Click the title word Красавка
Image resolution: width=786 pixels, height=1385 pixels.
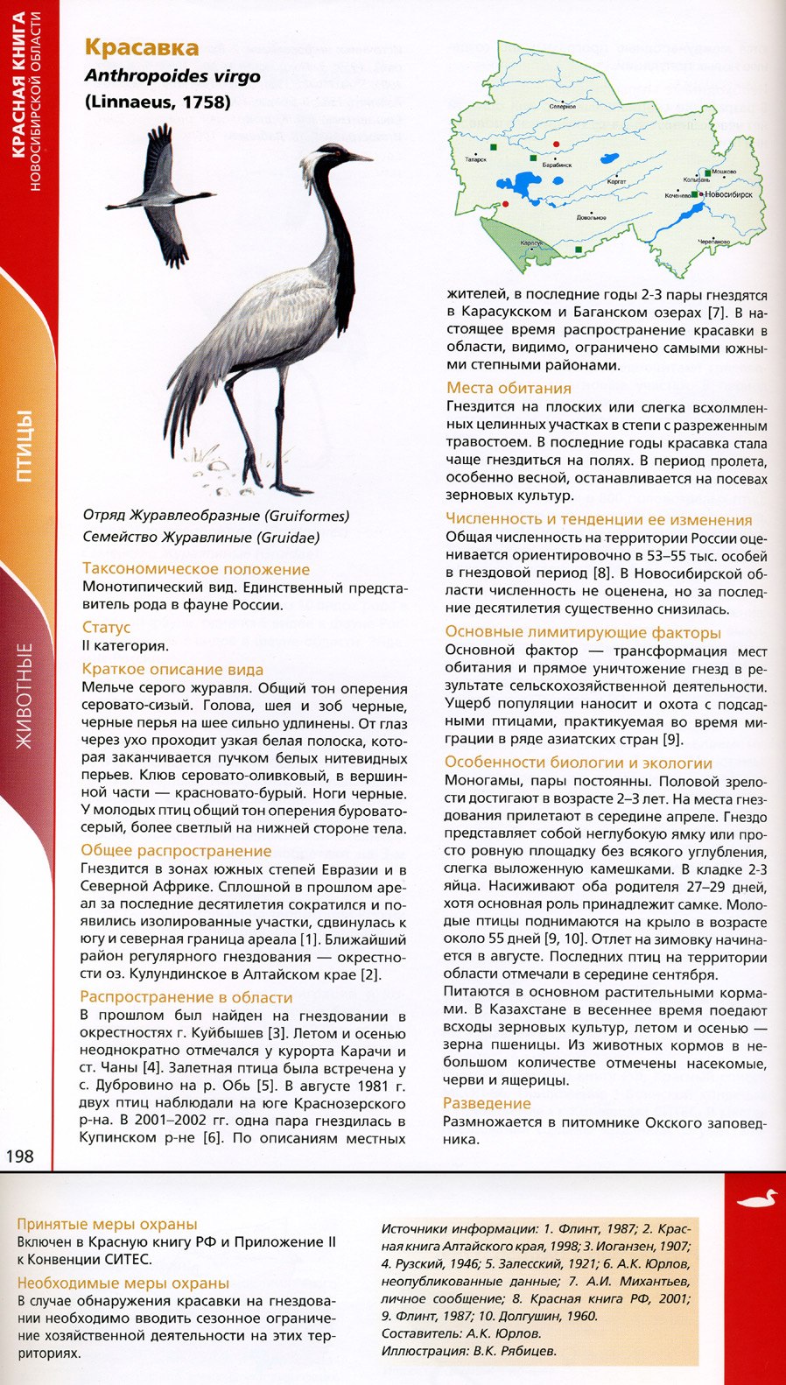point(141,48)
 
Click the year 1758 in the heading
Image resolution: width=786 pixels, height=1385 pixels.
point(207,102)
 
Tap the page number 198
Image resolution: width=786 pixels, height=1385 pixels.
point(19,1156)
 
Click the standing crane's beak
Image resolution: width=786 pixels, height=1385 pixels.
point(360,158)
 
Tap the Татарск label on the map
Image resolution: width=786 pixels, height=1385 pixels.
point(476,160)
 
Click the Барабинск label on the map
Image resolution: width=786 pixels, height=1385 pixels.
point(557,165)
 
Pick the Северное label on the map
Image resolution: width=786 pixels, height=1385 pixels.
point(563,106)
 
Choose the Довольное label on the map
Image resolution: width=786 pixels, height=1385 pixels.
point(592,217)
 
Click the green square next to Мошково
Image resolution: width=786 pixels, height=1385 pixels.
point(708,172)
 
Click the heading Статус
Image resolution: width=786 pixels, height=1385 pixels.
point(106,628)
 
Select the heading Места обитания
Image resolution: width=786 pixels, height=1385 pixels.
point(509,388)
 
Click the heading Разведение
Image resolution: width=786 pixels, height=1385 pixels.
point(487,1103)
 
